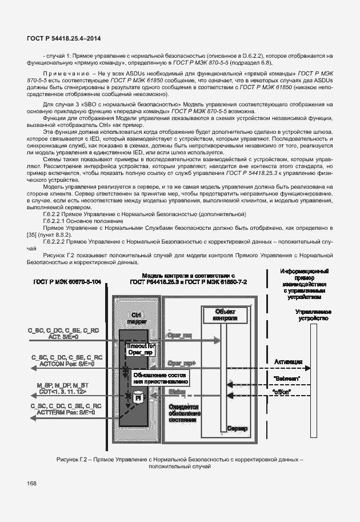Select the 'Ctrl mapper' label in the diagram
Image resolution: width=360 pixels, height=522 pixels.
click(137, 318)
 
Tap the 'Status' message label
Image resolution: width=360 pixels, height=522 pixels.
click(175, 392)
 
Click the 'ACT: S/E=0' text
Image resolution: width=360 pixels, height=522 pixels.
click(63, 337)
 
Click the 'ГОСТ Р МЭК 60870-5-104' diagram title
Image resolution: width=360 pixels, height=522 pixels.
click(67, 281)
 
